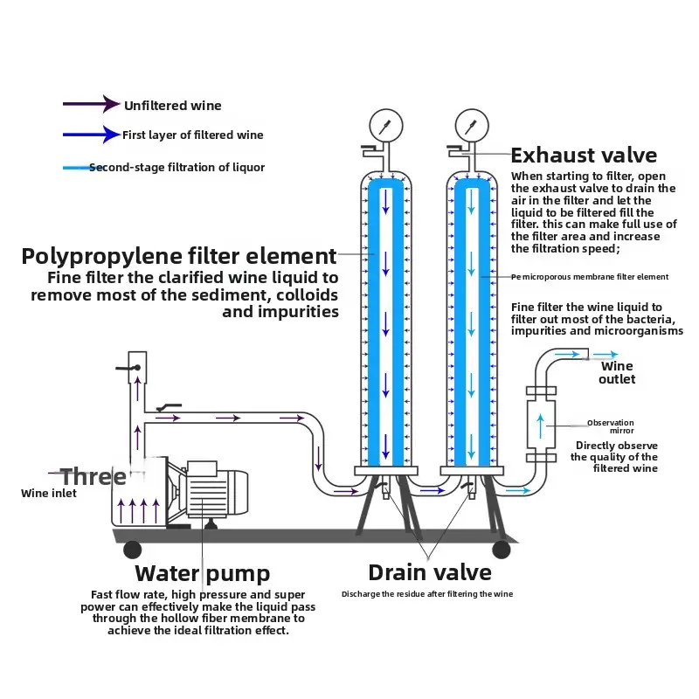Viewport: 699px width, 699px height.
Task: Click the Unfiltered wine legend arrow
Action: (x=91, y=105)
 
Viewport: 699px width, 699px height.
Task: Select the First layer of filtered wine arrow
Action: (x=91, y=135)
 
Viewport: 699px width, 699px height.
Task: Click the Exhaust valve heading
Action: (x=584, y=156)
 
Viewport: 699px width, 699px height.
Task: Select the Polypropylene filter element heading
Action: (x=179, y=256)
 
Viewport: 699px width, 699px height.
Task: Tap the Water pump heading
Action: (x=202, y=574)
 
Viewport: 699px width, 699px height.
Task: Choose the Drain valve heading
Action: (x=430, y=572)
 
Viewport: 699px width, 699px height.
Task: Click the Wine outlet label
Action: (x=617, y=373)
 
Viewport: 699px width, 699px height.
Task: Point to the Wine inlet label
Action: (x=49, y=494)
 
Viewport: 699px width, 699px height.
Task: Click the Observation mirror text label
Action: (x=610, y=426)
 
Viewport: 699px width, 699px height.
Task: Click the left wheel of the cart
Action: (x=132, y=550)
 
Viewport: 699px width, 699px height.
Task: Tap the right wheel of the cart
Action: (x=502, y=550)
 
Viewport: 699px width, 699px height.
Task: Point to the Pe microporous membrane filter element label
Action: (x=590, y=277)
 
